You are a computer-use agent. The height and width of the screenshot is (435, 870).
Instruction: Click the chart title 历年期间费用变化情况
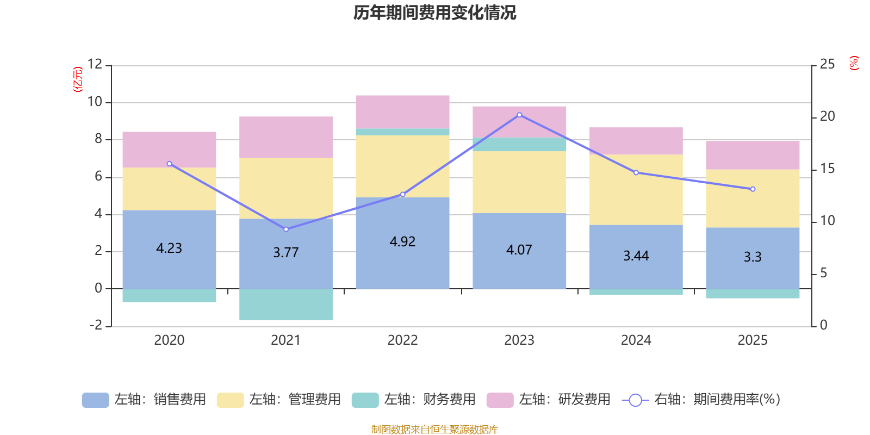tap(434, 13)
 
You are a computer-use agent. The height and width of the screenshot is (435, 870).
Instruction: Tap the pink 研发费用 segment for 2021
tap(286, 137)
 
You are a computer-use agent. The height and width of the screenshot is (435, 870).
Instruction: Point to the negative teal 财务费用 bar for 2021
tap(286, 304)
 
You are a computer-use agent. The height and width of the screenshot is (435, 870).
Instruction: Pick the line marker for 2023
tap(519, 115)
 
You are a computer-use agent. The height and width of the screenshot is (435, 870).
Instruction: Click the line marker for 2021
tap(286, 229)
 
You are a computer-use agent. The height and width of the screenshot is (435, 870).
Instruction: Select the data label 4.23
tap(169, 248)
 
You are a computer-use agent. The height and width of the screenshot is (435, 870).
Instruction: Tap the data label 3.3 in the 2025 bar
tap(753, 257)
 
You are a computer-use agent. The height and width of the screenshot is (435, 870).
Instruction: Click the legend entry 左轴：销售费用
tap(144, 400)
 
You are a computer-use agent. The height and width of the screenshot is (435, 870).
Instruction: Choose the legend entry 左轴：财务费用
tap(414, 400)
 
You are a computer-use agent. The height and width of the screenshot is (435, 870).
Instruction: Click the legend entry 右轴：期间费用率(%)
tap(701, 400)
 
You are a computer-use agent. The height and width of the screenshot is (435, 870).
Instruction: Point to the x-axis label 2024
tap(636, 340)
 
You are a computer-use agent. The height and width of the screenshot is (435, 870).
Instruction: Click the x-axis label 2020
tap(169, 340)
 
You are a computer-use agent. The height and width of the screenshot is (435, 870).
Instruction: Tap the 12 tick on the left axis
tap(95, 64)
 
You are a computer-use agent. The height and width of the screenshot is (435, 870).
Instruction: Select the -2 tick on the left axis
tap(96, 325)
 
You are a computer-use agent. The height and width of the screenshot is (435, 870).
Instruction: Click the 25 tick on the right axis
tap(827, 64)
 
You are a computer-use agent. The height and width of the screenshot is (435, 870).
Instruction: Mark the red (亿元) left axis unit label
tap(78, 79)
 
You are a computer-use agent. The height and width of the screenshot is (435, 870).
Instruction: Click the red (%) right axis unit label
tap(854, 63)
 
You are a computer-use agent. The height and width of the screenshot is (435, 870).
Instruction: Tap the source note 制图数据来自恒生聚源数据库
tap(434, 430)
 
